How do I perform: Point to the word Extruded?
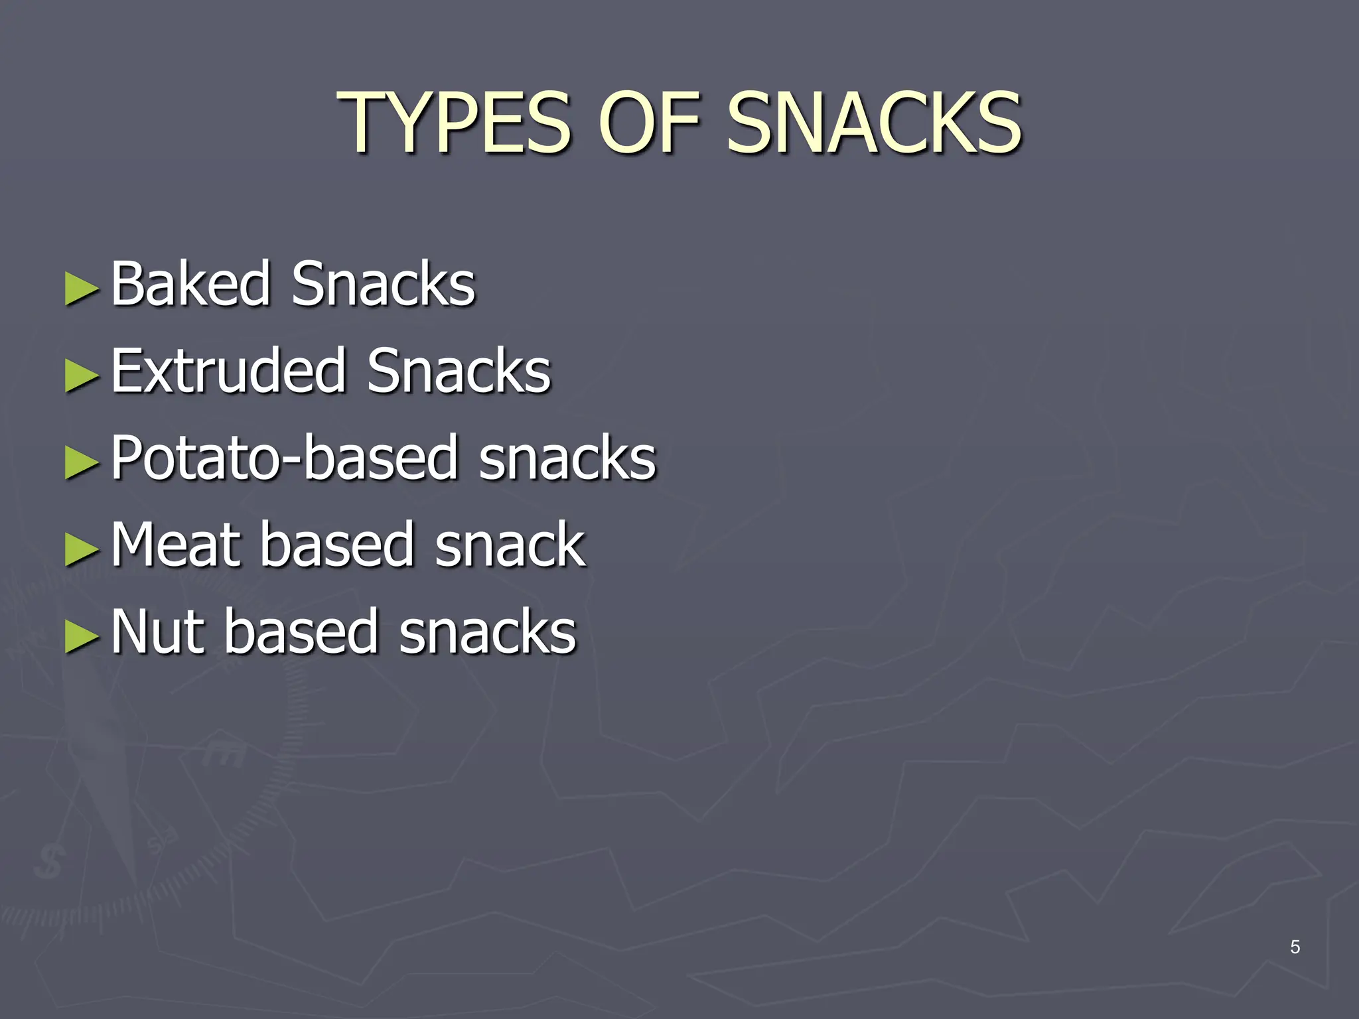228,371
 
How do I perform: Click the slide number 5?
1295,947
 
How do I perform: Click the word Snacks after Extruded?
459,371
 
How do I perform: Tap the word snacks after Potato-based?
567,458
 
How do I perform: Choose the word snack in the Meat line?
510,545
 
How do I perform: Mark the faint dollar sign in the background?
50,862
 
